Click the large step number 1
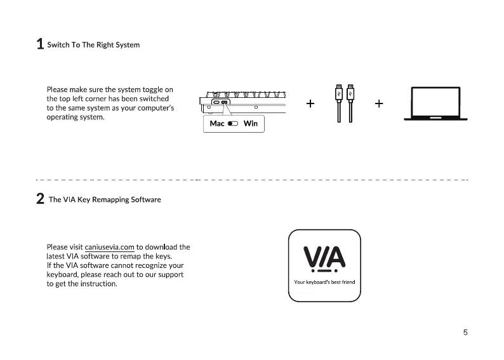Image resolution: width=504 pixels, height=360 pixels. point(40,44)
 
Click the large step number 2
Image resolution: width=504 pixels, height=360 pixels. point(40,199)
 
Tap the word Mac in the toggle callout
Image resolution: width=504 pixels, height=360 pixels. point(217,123)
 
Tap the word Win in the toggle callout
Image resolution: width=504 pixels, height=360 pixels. point(251,123)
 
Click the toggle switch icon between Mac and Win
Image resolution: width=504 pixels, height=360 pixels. point(233,123)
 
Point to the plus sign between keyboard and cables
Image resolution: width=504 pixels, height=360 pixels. point(310,103)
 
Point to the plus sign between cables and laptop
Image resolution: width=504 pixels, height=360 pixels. point(379,103)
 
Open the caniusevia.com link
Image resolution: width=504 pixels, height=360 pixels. point(109,247)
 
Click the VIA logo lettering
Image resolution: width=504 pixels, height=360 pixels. point(324,258)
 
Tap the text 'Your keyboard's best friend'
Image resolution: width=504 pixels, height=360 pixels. point(324,281)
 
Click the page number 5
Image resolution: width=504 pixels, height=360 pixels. point(465,332)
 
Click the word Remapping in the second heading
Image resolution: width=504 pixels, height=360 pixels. point(110,199)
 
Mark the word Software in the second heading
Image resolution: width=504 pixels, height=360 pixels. point(146,199)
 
